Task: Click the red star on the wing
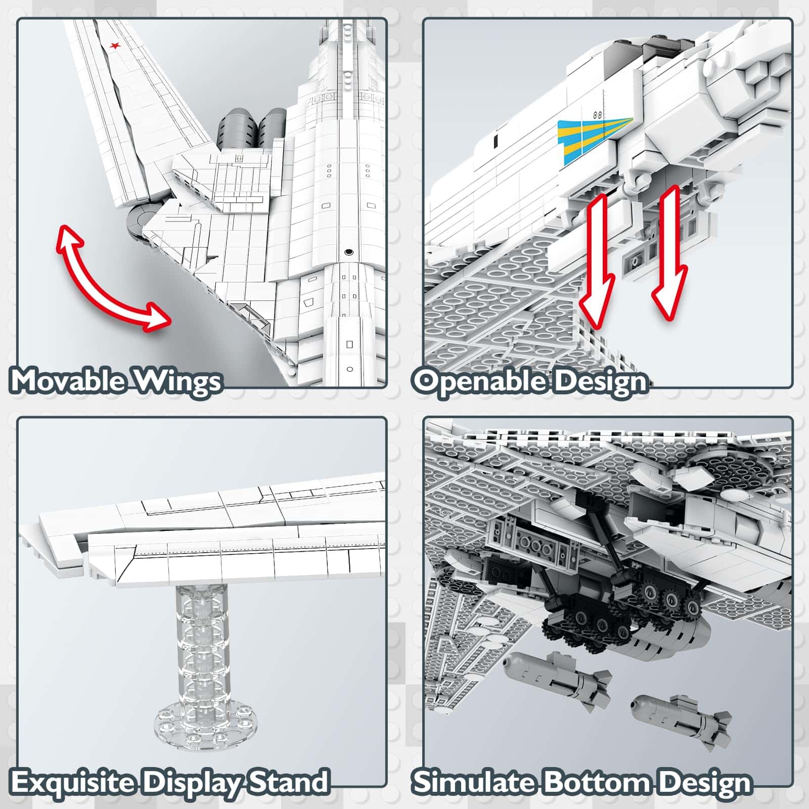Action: (115, 47)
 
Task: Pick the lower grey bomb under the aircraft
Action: (680, 718)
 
